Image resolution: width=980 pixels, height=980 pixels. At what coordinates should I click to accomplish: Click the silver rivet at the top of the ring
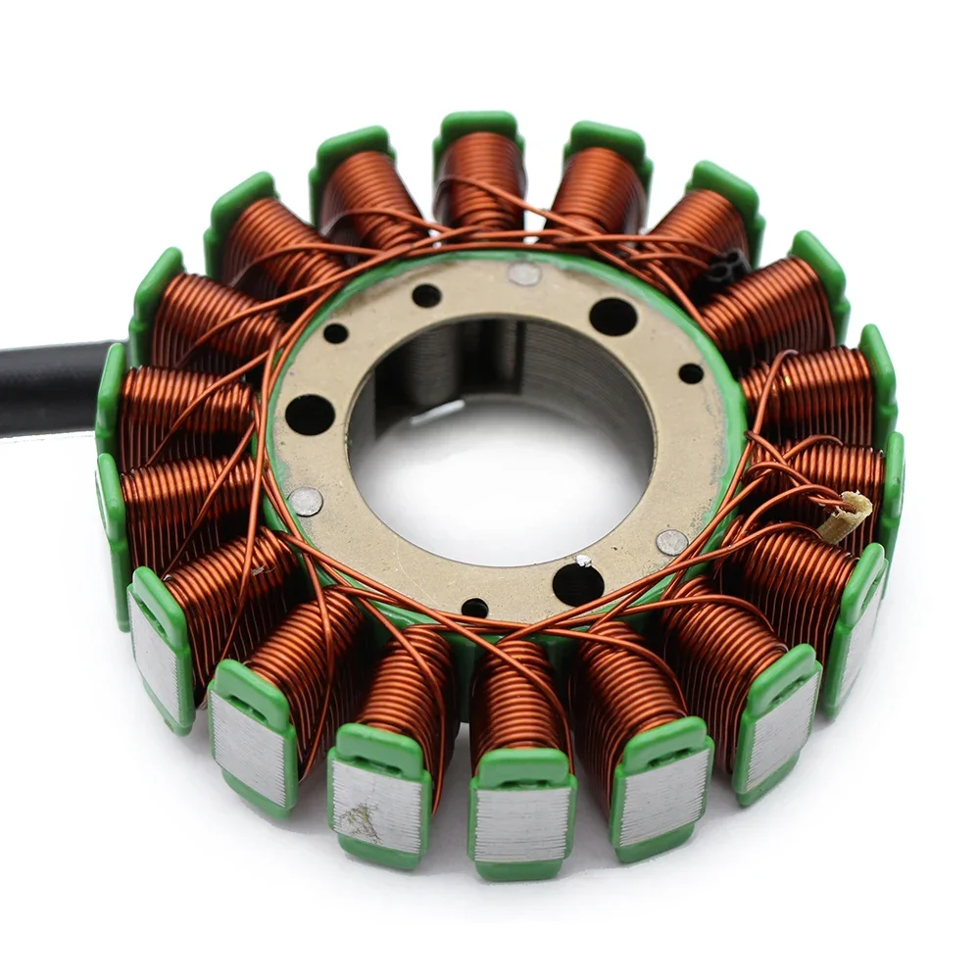point(524,274)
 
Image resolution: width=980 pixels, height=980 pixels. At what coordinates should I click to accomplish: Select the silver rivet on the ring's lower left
point(306,501)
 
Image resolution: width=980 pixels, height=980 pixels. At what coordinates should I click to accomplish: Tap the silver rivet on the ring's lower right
point(671,542)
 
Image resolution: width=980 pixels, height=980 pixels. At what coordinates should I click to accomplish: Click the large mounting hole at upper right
point(612,317)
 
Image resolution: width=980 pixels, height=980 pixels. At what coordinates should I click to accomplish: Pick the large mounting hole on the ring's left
point(310,415)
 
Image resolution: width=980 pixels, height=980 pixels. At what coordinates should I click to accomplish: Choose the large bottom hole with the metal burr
point(578,584)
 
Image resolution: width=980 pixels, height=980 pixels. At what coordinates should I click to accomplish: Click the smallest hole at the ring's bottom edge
point(475,608)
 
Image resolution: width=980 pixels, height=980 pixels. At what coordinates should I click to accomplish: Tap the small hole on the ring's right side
point(691,373)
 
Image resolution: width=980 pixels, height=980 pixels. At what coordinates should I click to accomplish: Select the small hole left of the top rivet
point(426,295)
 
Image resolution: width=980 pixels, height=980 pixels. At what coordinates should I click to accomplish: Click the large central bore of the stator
point(500,441)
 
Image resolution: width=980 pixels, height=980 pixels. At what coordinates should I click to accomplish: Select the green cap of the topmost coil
point(478,125)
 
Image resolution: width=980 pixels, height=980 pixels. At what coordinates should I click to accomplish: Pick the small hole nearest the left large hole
point(336,333)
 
